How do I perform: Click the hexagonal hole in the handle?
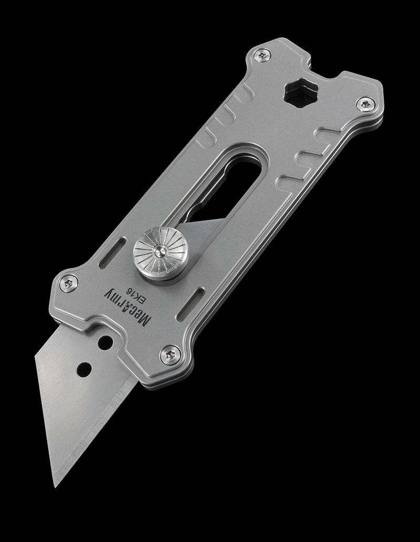pos(297,93)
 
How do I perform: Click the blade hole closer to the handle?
pos(106,342)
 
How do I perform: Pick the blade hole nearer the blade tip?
pos(83,369)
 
